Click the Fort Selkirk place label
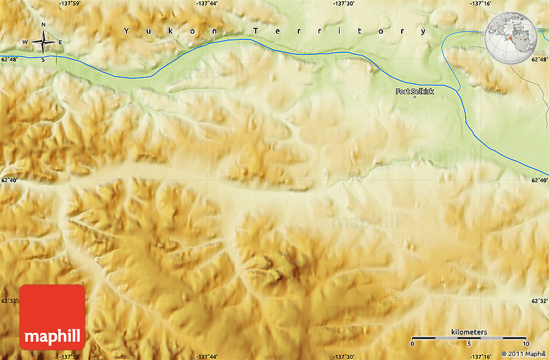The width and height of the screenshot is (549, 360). (x=415, y=91)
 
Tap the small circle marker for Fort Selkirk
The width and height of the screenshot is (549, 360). (x=415, y=97)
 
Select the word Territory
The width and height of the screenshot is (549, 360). (x=340, y=30)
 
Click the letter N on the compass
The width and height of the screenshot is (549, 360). (x=43, y=25)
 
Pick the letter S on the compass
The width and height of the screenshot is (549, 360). (x=43, y=59)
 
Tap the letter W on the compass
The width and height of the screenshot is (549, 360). (x=26, y=43)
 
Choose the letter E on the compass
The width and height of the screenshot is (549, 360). (x=61, y=43)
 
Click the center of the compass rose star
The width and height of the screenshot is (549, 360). (x=43, y=43)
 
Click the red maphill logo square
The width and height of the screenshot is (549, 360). (x=52, y=317)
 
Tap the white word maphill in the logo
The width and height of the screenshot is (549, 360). (x=52, y=336)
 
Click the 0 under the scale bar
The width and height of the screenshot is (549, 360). (x=412, y=344)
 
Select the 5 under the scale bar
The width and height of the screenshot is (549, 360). (x=470, y=344)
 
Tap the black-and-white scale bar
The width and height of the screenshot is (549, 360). (x=469, y=337)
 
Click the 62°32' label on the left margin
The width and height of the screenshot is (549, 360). (x=10, y=301)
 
